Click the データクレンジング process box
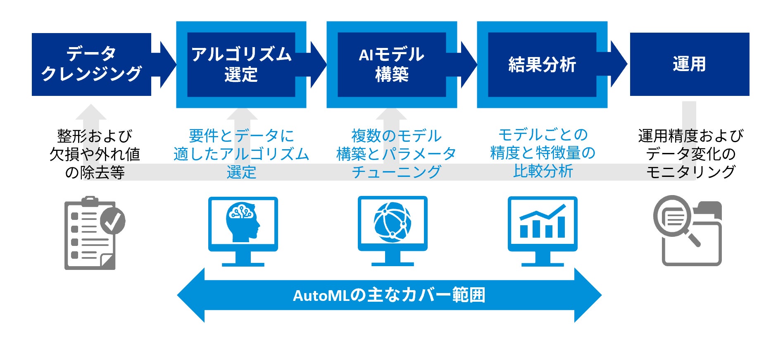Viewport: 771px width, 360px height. [91, 64]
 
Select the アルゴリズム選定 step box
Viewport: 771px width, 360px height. [241, 64]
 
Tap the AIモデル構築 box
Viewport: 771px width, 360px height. [391, 64]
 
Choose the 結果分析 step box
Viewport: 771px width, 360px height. [542, 64]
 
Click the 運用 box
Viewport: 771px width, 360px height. [689, 64]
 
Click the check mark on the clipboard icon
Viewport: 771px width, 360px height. [113, 221]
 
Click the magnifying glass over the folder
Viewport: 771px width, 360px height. [673, 219]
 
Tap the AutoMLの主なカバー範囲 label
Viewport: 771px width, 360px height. [389, 296]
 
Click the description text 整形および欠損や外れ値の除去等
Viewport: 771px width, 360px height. [95, 154]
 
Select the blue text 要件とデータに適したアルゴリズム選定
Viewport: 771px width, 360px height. [241, 154]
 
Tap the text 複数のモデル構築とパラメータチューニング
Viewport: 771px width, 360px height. [396, 154]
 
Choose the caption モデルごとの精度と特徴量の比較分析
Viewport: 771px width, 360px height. [543, 153]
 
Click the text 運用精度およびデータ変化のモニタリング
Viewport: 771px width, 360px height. [690, 154]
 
